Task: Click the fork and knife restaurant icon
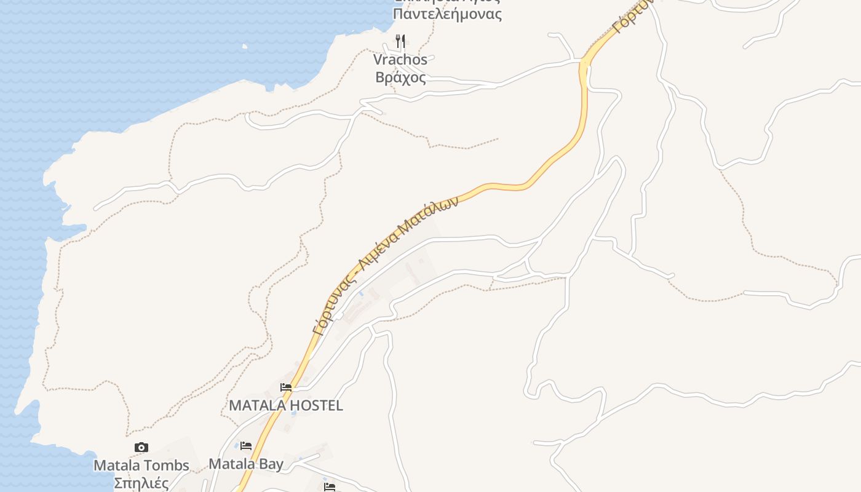tap(400, 41)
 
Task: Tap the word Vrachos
tap(400, 60)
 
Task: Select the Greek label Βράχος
tap(400, 78)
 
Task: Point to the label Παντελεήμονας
tap(447, 14)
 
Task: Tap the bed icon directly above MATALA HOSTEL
tap(286, 387)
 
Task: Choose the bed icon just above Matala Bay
tap(246, 445)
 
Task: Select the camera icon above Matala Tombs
tap(141, 448)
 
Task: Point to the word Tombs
tap(167, 466)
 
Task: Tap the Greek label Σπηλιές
tap(141, 483)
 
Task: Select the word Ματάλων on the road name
tap(429, 215)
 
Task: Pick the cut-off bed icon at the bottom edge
tap(330, 487)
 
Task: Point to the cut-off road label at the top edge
tap(630, 17)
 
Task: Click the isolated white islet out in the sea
tap(245, 46)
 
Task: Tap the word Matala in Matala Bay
tap(231, 464)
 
